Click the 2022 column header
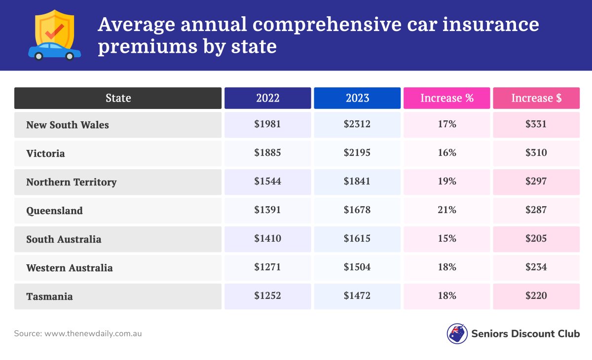tap(267, 98)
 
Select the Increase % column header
tap(446, 98)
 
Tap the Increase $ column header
tap(536, 98)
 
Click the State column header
tap(118, 98)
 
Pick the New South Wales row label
tap(68, 125)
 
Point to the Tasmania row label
tap(49, 296)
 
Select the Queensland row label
tap(54, 211)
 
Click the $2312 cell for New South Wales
tap(357, 124)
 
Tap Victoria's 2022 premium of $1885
tap(267, 153)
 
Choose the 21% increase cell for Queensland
tap(446, 210)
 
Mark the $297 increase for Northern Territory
tap(536, 181)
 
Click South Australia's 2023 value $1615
tap(357, 239)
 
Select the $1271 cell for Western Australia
tap(267, 267)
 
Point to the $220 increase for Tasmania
tap(536, 296)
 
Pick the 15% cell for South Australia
tap(446, 239)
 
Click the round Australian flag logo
tap(457, 334)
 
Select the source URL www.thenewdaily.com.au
tap(93, 334)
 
